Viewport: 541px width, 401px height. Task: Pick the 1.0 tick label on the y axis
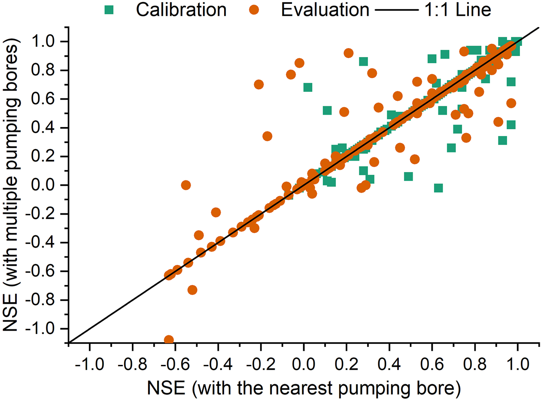coord(47,42)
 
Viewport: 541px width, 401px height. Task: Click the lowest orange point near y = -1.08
coord(169,340)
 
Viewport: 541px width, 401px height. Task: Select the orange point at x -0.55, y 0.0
coord(186,185)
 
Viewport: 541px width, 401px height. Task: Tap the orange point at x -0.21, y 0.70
coord(258,85)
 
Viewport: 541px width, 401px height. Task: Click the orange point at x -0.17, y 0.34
coord(267,136)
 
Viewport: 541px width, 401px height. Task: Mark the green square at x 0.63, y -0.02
coord(438,188)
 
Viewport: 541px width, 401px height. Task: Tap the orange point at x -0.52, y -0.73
coord(192,290)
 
